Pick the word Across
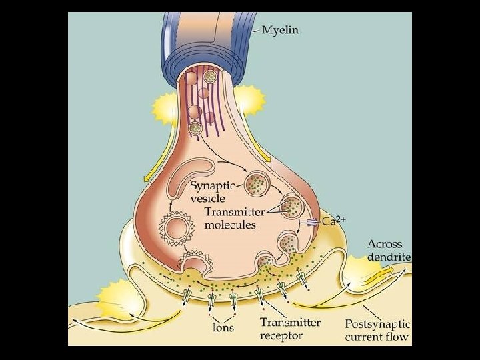[x=385, y=245]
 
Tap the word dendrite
[x=389, y=257]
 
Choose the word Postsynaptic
[x=377, y=324]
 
